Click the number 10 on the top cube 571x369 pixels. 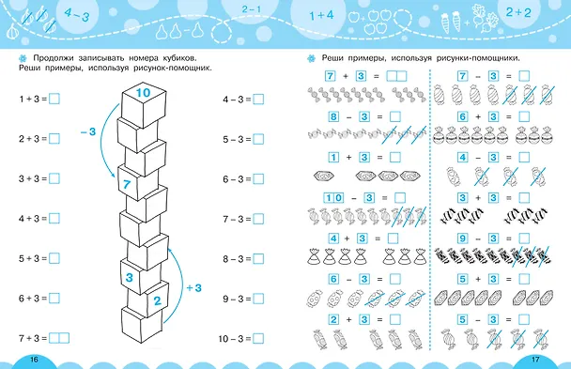(143, 93)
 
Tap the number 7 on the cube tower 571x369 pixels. (127, 184)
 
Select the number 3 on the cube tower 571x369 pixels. (130, 278)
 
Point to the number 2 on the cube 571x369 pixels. (157, 300)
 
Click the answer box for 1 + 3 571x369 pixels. (54, 99)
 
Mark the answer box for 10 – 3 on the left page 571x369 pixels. (258, 338)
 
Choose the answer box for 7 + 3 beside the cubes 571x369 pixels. (59, 338)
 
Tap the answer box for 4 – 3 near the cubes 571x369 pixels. (258, 99)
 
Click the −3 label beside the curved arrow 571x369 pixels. (88, 131)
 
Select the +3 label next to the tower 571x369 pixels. (194, 288)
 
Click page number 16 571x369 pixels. (34, 360)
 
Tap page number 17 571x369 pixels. (535, 360)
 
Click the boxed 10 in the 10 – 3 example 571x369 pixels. (333, 198)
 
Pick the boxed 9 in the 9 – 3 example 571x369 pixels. (462, 238)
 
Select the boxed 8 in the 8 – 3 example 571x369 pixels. (333, 116)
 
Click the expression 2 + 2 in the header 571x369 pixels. (518, 12)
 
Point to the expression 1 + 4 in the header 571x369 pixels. (321, 15)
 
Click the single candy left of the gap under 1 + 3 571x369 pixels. (324, 177)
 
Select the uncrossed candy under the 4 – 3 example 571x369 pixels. (454, 177)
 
